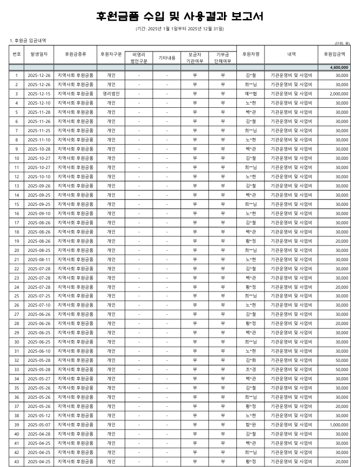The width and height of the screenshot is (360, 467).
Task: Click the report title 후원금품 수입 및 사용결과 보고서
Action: tap(179, 16)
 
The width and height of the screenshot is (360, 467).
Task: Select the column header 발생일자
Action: tap(39, 54)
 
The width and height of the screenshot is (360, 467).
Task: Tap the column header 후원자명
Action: tap(251, 54)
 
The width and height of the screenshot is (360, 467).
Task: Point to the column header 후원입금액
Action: tap(335, 54)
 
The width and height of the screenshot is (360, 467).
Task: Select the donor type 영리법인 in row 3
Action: tap(111, 94)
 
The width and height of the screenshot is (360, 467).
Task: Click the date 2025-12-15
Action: tap(39, 94)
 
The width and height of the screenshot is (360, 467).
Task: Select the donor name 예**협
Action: tap(251, 94)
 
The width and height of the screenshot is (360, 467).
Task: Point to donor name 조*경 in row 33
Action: tap(251, 369)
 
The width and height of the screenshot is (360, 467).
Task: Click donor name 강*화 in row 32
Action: tap(251, 360)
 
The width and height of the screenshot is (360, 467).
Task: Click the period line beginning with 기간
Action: tap(179, 29)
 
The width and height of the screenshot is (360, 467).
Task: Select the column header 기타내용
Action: tap(166, 57)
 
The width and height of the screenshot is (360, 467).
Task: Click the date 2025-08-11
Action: tap(39, 259)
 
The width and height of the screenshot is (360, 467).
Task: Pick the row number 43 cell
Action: tap(17, 461)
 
